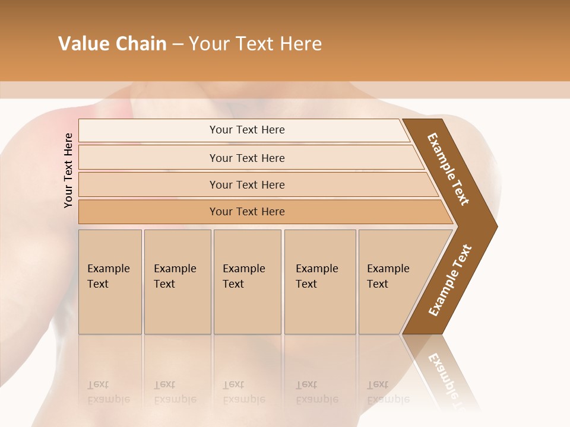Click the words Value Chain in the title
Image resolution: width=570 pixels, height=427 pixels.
pyautogui.click(x=112, y=44)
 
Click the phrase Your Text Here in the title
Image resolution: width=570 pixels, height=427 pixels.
pyautogui.click(x=255, y=44)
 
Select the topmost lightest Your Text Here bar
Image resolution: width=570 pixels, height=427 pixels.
pyautogui.click(x=247, y=130)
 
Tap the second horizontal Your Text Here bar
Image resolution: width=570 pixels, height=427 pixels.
pyautogui.click(x=247, y=158)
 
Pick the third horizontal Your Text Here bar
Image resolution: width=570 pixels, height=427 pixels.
pyautogui.click(x=247, y=184)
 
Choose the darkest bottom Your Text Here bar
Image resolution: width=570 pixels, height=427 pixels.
pyautogui.click(x=247, y=212)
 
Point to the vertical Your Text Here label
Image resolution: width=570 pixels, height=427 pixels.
pyautogui.click(x=68, y=170)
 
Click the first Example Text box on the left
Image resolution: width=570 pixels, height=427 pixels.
pyautogui.click(x=110, y=282)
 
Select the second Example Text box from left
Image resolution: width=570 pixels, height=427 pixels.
pyautogui.click(x=177, y=282)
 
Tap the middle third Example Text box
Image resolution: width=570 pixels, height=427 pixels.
pyautogui.click(x=246, y=282)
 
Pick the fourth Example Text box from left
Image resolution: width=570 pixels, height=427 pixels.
pyautogui.click(x=319, y=282)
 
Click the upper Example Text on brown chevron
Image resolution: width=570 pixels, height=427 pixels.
pyautogui.click(x=448, y=170)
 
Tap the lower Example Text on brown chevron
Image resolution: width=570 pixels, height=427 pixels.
pyautogui.click(x=450, y=281)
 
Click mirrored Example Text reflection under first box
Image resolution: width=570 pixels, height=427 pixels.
pyautogui.click(x=109, y=392)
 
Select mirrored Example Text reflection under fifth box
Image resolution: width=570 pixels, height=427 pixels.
pyautogui.click(x=388, y=392)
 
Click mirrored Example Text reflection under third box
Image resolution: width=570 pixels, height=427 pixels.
pyautogui.click(x=244, y=392)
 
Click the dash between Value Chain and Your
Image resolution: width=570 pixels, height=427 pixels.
pyautogui.click(x=178, y=44)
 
